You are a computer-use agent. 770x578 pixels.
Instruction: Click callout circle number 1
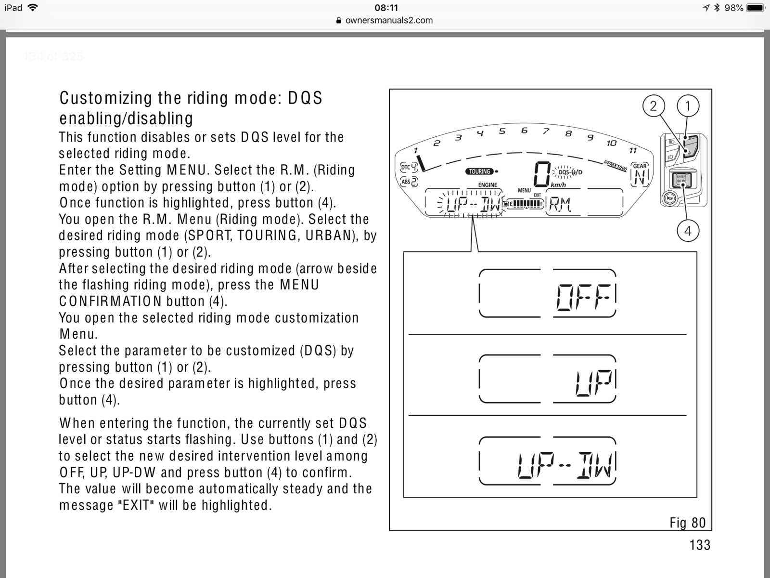688,105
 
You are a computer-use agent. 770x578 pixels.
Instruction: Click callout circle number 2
653,105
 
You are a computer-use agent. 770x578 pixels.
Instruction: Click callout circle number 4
688,231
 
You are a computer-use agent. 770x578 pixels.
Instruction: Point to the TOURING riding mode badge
480,171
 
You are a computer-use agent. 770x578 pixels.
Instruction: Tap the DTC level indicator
409,167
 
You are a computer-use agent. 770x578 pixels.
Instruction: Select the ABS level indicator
409,182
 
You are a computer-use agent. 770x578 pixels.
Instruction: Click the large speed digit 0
542,173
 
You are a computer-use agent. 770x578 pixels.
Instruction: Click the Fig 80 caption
687,523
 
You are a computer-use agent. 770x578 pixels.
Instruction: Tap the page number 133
699,545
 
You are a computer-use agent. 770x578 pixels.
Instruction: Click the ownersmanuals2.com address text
389,20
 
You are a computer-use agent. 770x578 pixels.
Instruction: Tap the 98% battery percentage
733,8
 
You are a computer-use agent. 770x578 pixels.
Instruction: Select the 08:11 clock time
386,8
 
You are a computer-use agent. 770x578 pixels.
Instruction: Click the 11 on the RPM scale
633,151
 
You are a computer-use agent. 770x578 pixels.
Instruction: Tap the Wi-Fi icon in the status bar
33,8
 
